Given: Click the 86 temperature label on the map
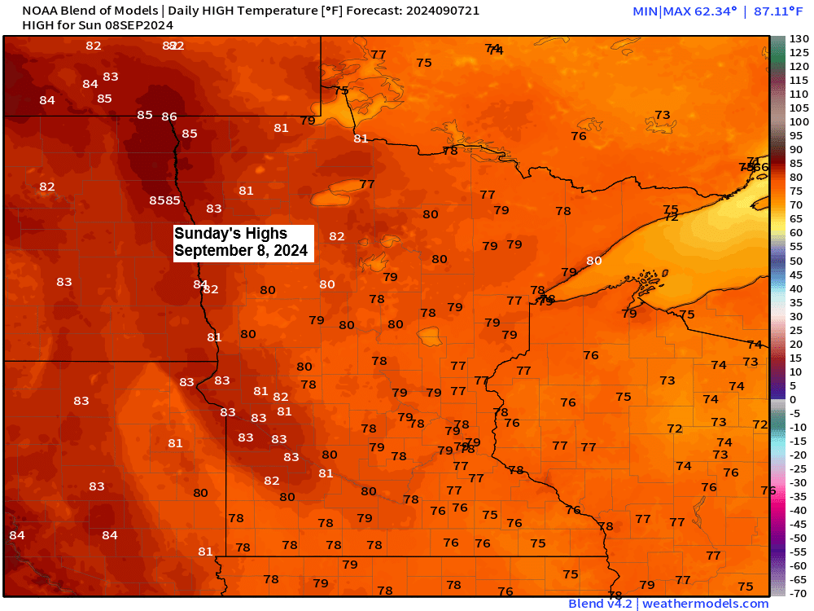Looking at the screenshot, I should point(169,116).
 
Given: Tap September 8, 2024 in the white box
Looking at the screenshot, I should point(241,251).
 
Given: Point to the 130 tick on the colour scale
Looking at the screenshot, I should point(799,38).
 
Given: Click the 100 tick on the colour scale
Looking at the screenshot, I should point(799,121).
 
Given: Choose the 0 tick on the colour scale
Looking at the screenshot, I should point(793,400).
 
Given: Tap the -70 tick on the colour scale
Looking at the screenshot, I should point(798,593).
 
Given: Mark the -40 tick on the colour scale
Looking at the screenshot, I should point(798,510).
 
